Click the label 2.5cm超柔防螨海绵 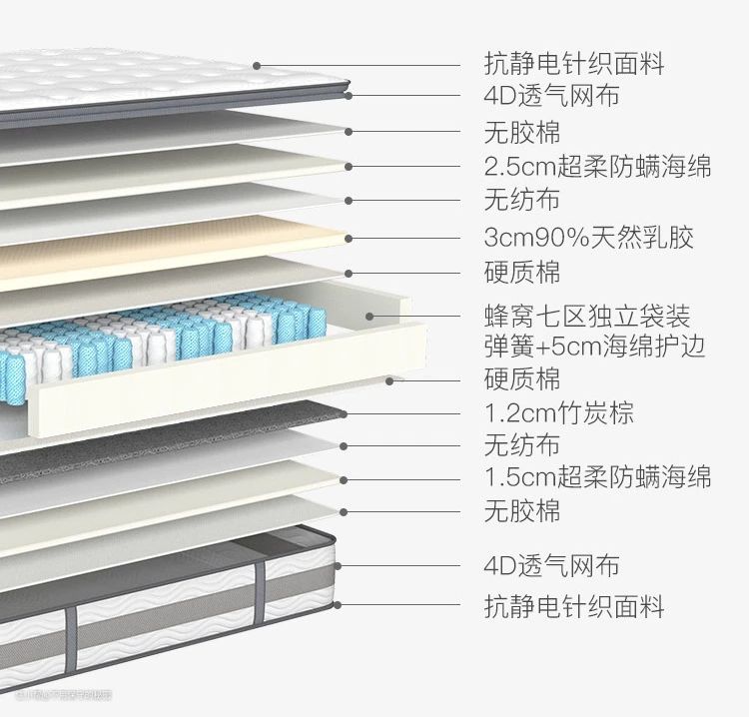(597, 166)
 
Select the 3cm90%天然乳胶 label (588, 238)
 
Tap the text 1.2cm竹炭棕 (558, 412)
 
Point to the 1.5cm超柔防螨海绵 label (597, 476)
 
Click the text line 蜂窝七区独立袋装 (586, 317)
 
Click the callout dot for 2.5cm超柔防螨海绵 (349, 166)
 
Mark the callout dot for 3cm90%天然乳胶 (349, 239)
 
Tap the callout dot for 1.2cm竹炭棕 (344, 412)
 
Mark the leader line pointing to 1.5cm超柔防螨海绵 (409, 476)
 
